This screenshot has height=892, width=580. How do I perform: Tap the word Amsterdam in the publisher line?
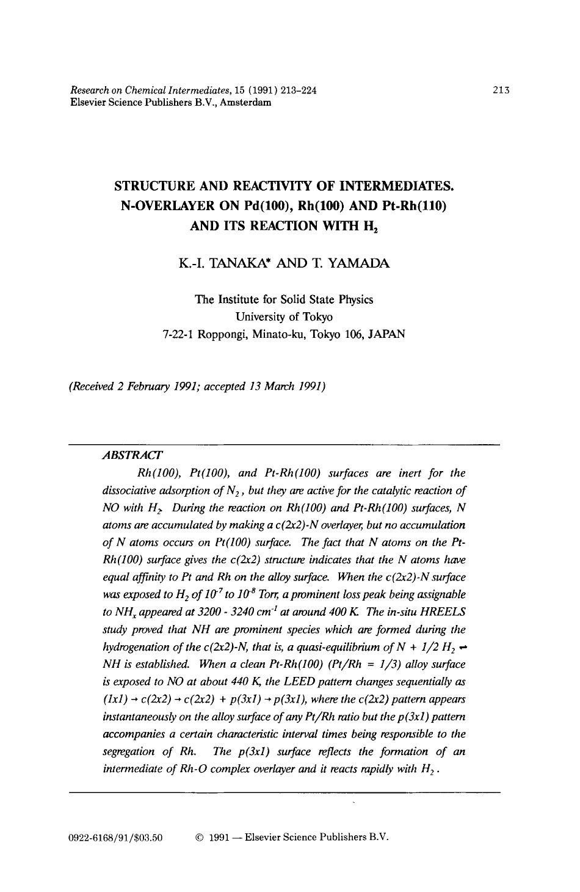(x=245, y=102)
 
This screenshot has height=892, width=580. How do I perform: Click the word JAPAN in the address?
(x=383, y=334)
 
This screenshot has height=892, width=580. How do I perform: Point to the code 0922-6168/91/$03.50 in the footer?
(x=116, y=838)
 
